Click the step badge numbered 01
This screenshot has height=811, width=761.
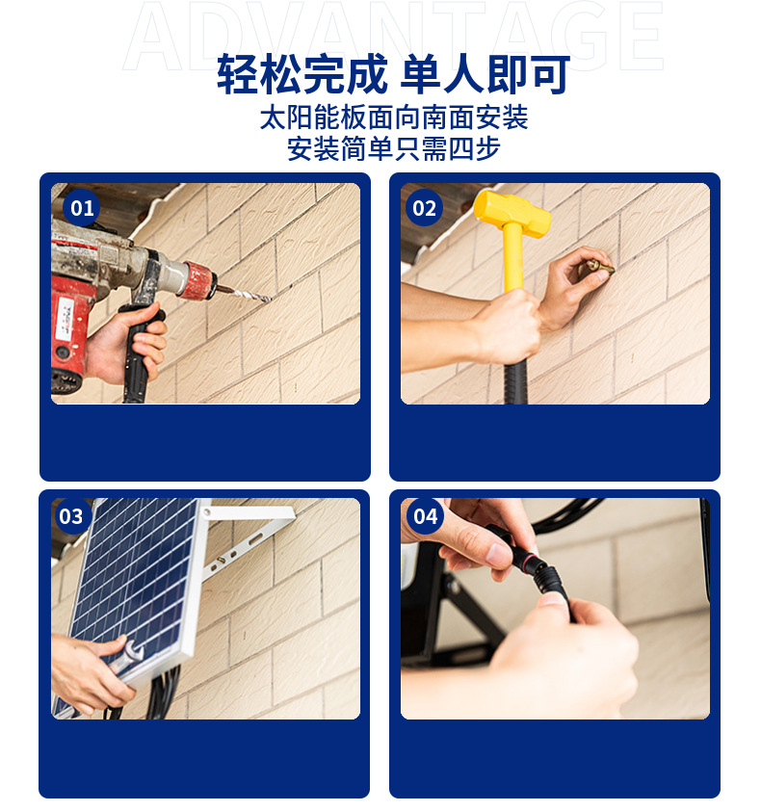click(81, 208)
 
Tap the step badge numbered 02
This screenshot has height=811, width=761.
click(424, 208)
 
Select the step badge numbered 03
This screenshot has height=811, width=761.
click(72, 515)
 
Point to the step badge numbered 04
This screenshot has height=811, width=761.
click(425, 515)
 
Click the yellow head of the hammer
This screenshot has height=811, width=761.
click(512, 214)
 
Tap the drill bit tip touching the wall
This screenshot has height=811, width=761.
click(268, 299)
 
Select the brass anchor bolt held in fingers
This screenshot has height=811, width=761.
click(601, 267)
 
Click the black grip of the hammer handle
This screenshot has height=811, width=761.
click(515, 381)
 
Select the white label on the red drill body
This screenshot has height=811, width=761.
click(66, 318)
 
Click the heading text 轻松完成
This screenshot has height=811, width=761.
click(302, 74)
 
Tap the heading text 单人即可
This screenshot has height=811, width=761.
click(485, 74)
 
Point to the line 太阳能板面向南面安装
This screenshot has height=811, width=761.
click(394, 118)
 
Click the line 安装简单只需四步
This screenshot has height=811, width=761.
click(394, 149)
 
